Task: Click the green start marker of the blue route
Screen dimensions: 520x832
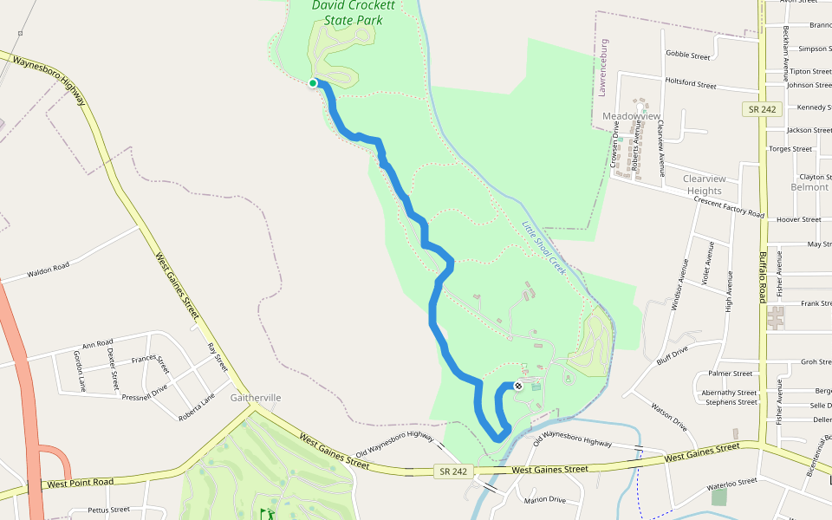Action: pos(313,83)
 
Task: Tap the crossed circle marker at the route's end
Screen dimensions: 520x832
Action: pos(518,386)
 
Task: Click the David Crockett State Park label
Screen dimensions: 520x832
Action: pos(354,18)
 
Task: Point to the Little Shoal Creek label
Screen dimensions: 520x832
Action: pos(543,249)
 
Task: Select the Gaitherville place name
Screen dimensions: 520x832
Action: pos(256,398)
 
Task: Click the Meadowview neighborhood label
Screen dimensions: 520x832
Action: pos(631,116)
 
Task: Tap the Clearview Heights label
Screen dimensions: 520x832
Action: pos(704,185)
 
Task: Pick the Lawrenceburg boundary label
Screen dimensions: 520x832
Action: pos(604,66)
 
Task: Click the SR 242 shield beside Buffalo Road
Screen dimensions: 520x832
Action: pos(763,109)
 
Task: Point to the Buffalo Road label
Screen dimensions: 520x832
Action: pos(764,277)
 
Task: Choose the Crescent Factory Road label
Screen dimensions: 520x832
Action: pos(729,208)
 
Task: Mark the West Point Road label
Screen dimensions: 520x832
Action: pos(81,482)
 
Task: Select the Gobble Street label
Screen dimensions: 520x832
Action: pos(688,55)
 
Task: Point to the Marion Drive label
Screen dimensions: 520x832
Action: pos(544,500)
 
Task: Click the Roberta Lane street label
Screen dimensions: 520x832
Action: pos(196,406)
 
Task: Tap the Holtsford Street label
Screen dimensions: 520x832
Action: pos(690,84)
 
